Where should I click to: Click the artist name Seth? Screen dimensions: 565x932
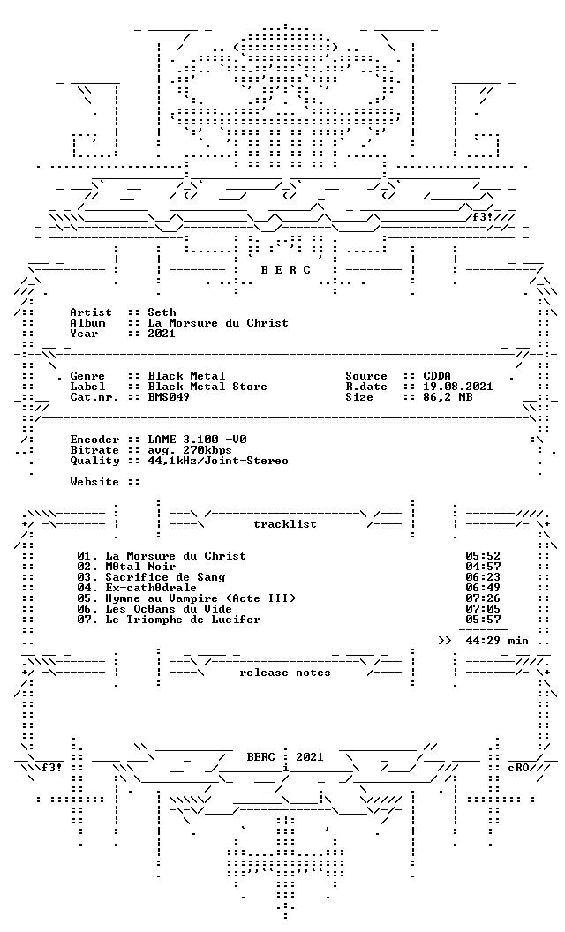(x=162, y=312)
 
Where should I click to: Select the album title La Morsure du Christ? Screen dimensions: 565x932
(x=218, y=323)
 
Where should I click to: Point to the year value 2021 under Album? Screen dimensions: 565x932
(x=162, y=334)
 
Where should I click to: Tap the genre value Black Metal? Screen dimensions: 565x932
(x=187, y=376)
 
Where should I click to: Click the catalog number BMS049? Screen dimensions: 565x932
(x=169, y=397)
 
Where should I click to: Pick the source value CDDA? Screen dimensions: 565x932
(x=437, y=376)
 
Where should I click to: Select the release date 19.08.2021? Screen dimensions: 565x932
(x=458, y=387)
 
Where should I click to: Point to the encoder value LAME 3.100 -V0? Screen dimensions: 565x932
(x=198, y=440)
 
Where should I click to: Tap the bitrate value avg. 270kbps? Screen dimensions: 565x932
(x=190, y=450)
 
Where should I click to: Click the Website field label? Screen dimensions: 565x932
(x=94, y=482)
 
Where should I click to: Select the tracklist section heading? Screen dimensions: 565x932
(x=285, y=524)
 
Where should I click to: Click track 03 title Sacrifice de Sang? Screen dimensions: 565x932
(x=165, y=577)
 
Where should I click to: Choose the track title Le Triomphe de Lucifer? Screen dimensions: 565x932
(x=183, y=620)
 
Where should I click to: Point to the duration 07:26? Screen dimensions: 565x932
(x=483, y=598)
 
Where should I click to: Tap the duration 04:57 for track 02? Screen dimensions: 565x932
(x=483, y=567)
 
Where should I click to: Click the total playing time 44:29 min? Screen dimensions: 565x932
(x=497, y=641)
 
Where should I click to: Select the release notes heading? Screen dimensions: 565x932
(x=285, y=673)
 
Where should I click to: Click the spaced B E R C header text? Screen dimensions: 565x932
(x=285, y=270)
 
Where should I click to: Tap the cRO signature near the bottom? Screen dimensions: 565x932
(x=518, y=767)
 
